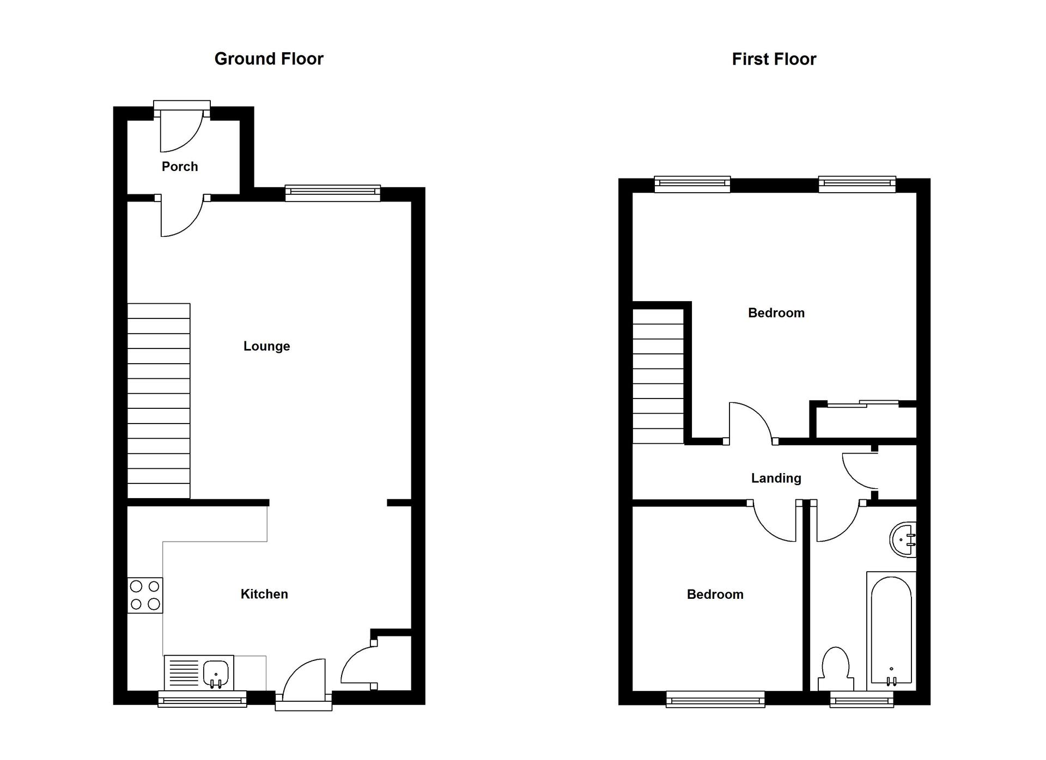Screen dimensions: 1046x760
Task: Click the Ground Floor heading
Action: click(x=269, y=59)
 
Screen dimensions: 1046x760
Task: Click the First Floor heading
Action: click(x=774, y=59)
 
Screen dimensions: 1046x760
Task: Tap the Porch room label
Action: click(x=180, y=167)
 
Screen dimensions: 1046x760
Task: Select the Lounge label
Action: click(x=266, y=346)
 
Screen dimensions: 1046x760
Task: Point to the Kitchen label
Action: click(x=264, y=594)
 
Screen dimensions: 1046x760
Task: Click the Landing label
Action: click(x=776, y=479)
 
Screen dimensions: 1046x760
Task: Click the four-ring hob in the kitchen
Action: click(x=145, y=595)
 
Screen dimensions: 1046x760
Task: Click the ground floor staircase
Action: click(x=159, y=400)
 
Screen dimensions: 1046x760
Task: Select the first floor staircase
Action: click(x=658, y=376)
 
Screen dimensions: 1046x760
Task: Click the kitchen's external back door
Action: click(x=304, y=683)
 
